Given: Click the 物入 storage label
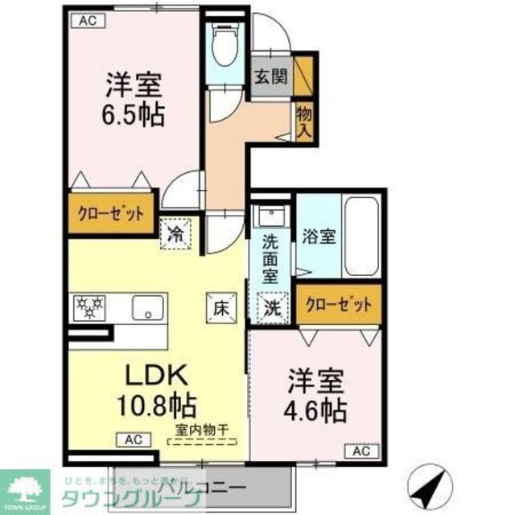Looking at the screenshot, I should click(303, 118).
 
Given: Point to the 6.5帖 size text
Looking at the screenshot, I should click(133, 113).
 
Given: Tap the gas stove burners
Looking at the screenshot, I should click(88, 307).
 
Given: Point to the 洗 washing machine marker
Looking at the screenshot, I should click(272, 307).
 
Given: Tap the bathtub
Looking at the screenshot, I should click(361, 234).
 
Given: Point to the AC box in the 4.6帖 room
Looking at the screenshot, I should click(360, 451).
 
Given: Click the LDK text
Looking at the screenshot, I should click(156, 375).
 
